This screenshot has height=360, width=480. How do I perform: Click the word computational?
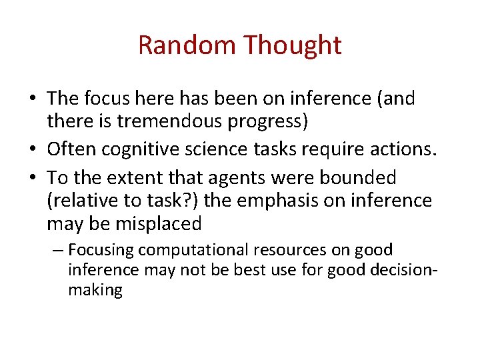pos(191,251)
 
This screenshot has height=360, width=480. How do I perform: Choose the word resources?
pos(290,251)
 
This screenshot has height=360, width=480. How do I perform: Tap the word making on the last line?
pos(95,291)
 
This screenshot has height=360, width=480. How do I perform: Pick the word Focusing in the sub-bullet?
pos(101,251)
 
